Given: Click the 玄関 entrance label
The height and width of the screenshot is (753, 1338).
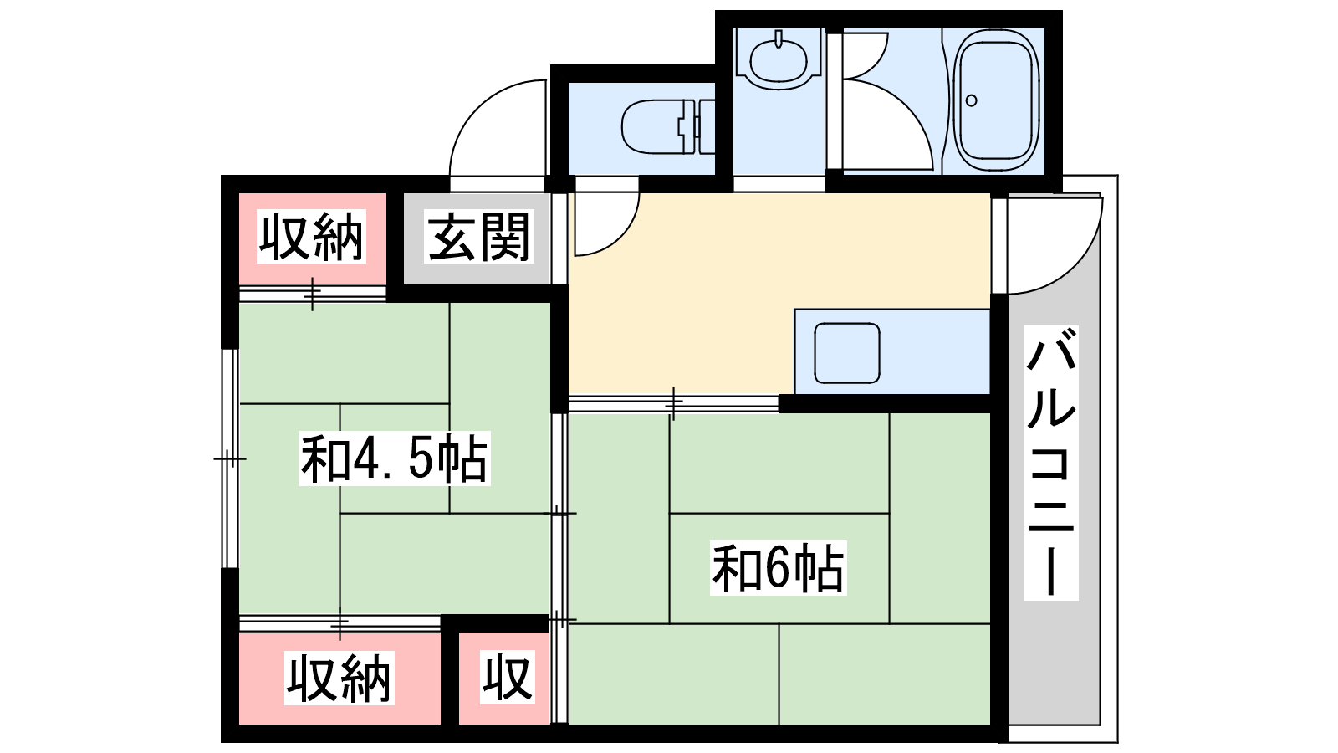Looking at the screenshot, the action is pyautogui.click(x=479, y=238).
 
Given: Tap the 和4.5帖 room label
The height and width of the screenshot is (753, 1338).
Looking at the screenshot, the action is pyautogui.click(x=394, y=458).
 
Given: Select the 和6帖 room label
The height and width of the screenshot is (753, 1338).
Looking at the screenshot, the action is pyautogui.click(x=778, y=568).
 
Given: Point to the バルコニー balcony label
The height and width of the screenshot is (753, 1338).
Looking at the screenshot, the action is pyautogui.click(x=1050, y=463).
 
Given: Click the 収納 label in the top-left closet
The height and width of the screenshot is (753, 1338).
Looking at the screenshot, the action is pyautogui.click(x=311, y=237).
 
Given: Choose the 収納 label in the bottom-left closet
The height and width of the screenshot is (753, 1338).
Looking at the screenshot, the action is pyautogui.click(x=339, y=678).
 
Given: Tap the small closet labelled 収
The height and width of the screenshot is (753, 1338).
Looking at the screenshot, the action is pyautogui.click(x=507, y=678).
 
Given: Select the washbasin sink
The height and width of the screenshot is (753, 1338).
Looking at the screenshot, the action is pyautogui.click(x=779, y=60).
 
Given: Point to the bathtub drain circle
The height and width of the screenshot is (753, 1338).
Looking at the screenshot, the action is pyautogui.click(x=971, y=100).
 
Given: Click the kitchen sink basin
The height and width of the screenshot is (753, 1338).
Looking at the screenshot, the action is pyautogui.click(x=847, y=352).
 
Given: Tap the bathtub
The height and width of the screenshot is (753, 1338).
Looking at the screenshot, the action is pyautogui.click(x=996, y=101).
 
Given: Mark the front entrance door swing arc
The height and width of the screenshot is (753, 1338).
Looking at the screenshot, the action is pyautogui.click(x=477, y=108).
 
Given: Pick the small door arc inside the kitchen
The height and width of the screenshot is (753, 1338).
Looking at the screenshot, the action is pyautogui.click(x=621, y=238).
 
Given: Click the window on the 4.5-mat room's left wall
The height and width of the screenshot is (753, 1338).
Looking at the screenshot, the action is pyautogui.click(x=230, y=458).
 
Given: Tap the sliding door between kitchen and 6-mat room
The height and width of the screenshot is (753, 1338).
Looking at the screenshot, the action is pyautogui.click(x=674, y=404).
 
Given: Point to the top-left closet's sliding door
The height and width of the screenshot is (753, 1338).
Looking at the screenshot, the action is pyautogui.click(x=313, y=294).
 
